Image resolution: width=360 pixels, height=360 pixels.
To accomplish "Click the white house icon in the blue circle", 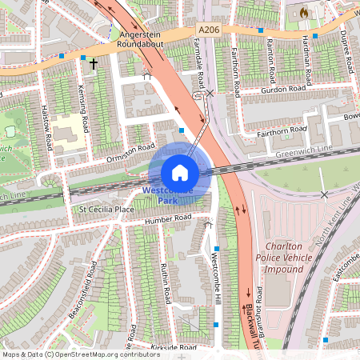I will pos(180,173).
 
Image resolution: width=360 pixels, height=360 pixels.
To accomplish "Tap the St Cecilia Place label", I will pos(106,210).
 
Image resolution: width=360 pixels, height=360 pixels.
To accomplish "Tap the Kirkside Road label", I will pos(174,348).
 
